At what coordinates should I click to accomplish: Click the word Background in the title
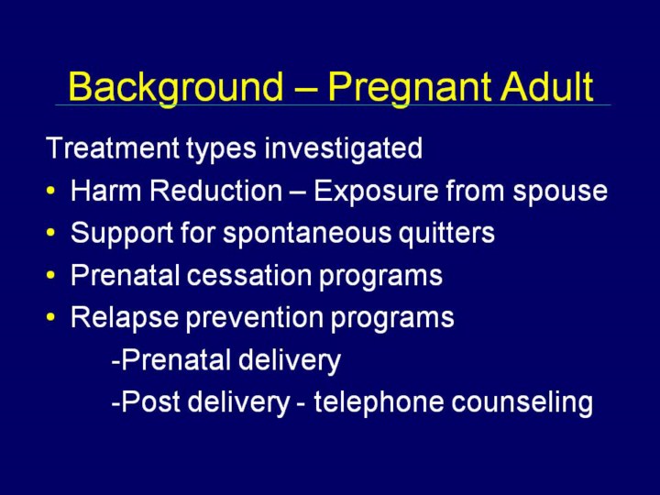point(176,88)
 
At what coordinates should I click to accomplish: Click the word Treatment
point(114,148)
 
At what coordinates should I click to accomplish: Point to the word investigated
point(344,148)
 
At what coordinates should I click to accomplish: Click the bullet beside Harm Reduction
point(51,191)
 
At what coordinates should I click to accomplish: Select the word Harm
point(105,191)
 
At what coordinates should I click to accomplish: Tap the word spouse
point(560,192)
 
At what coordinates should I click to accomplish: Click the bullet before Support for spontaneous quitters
point(51,233)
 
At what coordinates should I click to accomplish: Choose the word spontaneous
point(308,233)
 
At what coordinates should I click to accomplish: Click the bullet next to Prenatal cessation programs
point(51,275)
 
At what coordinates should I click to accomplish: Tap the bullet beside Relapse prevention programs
point(51,317)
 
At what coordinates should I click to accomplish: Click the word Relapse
point(125,318)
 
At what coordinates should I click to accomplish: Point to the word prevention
point(255,317)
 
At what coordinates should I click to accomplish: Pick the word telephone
point(379,402)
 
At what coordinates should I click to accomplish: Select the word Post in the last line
point(150,401)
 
